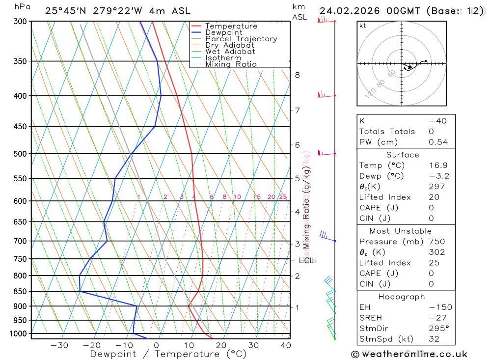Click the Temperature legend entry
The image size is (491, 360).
[x=231, y=26]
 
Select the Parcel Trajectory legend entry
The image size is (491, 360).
[x=241, y=39]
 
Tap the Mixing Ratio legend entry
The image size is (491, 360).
[x=231, y=64]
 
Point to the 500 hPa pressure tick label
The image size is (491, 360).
[x=20, y=154]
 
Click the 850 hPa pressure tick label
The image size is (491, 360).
[x=20, y=291]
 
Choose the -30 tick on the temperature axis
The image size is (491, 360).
[x=59, y=345]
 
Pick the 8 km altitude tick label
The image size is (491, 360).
[x=297, y=75]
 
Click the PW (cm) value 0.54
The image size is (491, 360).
[x=438, y=142]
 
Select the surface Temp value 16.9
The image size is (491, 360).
[x=438, y=166]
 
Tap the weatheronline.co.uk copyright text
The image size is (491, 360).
[x=409, y=354]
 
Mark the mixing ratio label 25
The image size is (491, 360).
[x=283, y=197]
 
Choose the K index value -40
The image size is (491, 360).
[x=438, y=121]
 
